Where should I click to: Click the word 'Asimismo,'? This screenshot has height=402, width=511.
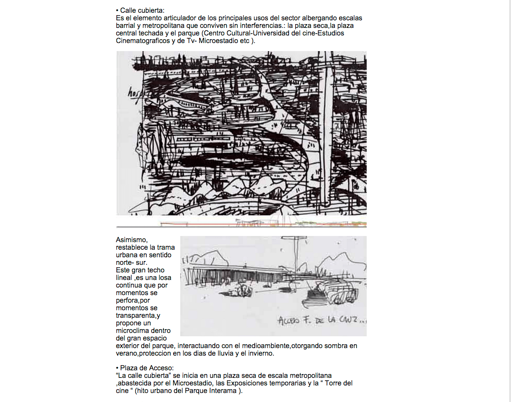pos(132,240)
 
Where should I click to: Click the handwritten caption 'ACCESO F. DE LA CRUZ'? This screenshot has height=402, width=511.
pos(321,320)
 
